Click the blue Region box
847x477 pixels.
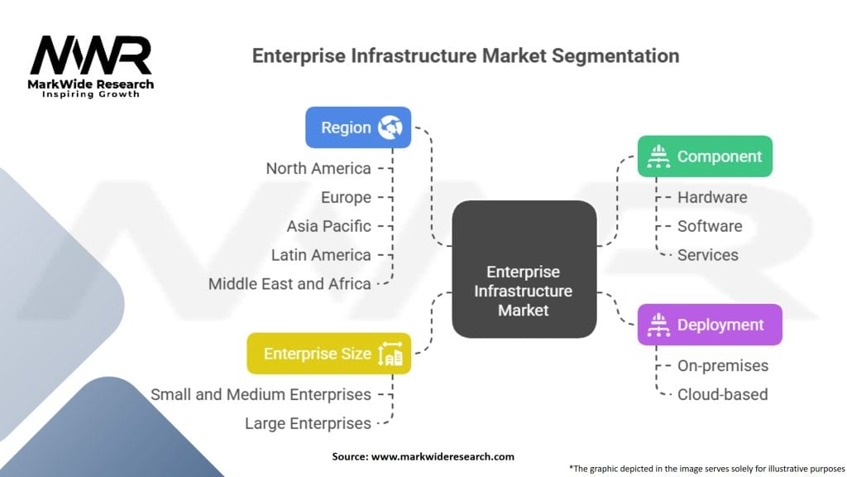point(357,128)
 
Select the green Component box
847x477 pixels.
point(705,157)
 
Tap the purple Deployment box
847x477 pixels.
point(709,325)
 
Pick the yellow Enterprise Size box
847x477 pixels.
point(328,354)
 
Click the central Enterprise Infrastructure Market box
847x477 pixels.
point(524,290)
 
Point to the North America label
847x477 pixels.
point(318,168)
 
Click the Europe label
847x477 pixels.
point(346,197)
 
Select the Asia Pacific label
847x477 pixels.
point(328,226)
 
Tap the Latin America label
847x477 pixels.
point(321,255)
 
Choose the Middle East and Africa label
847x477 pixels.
point(290,283)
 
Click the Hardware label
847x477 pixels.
point(712,197)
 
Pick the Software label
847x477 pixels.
point(710,226)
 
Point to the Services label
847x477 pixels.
point(708,255)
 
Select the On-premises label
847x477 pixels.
point(723,365)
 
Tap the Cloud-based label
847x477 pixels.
point(723,394)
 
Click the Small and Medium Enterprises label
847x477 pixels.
point(261,394)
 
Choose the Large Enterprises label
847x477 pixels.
point(308,423)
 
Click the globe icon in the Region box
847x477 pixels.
point(390,128)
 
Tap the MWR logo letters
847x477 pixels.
point(91,56)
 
